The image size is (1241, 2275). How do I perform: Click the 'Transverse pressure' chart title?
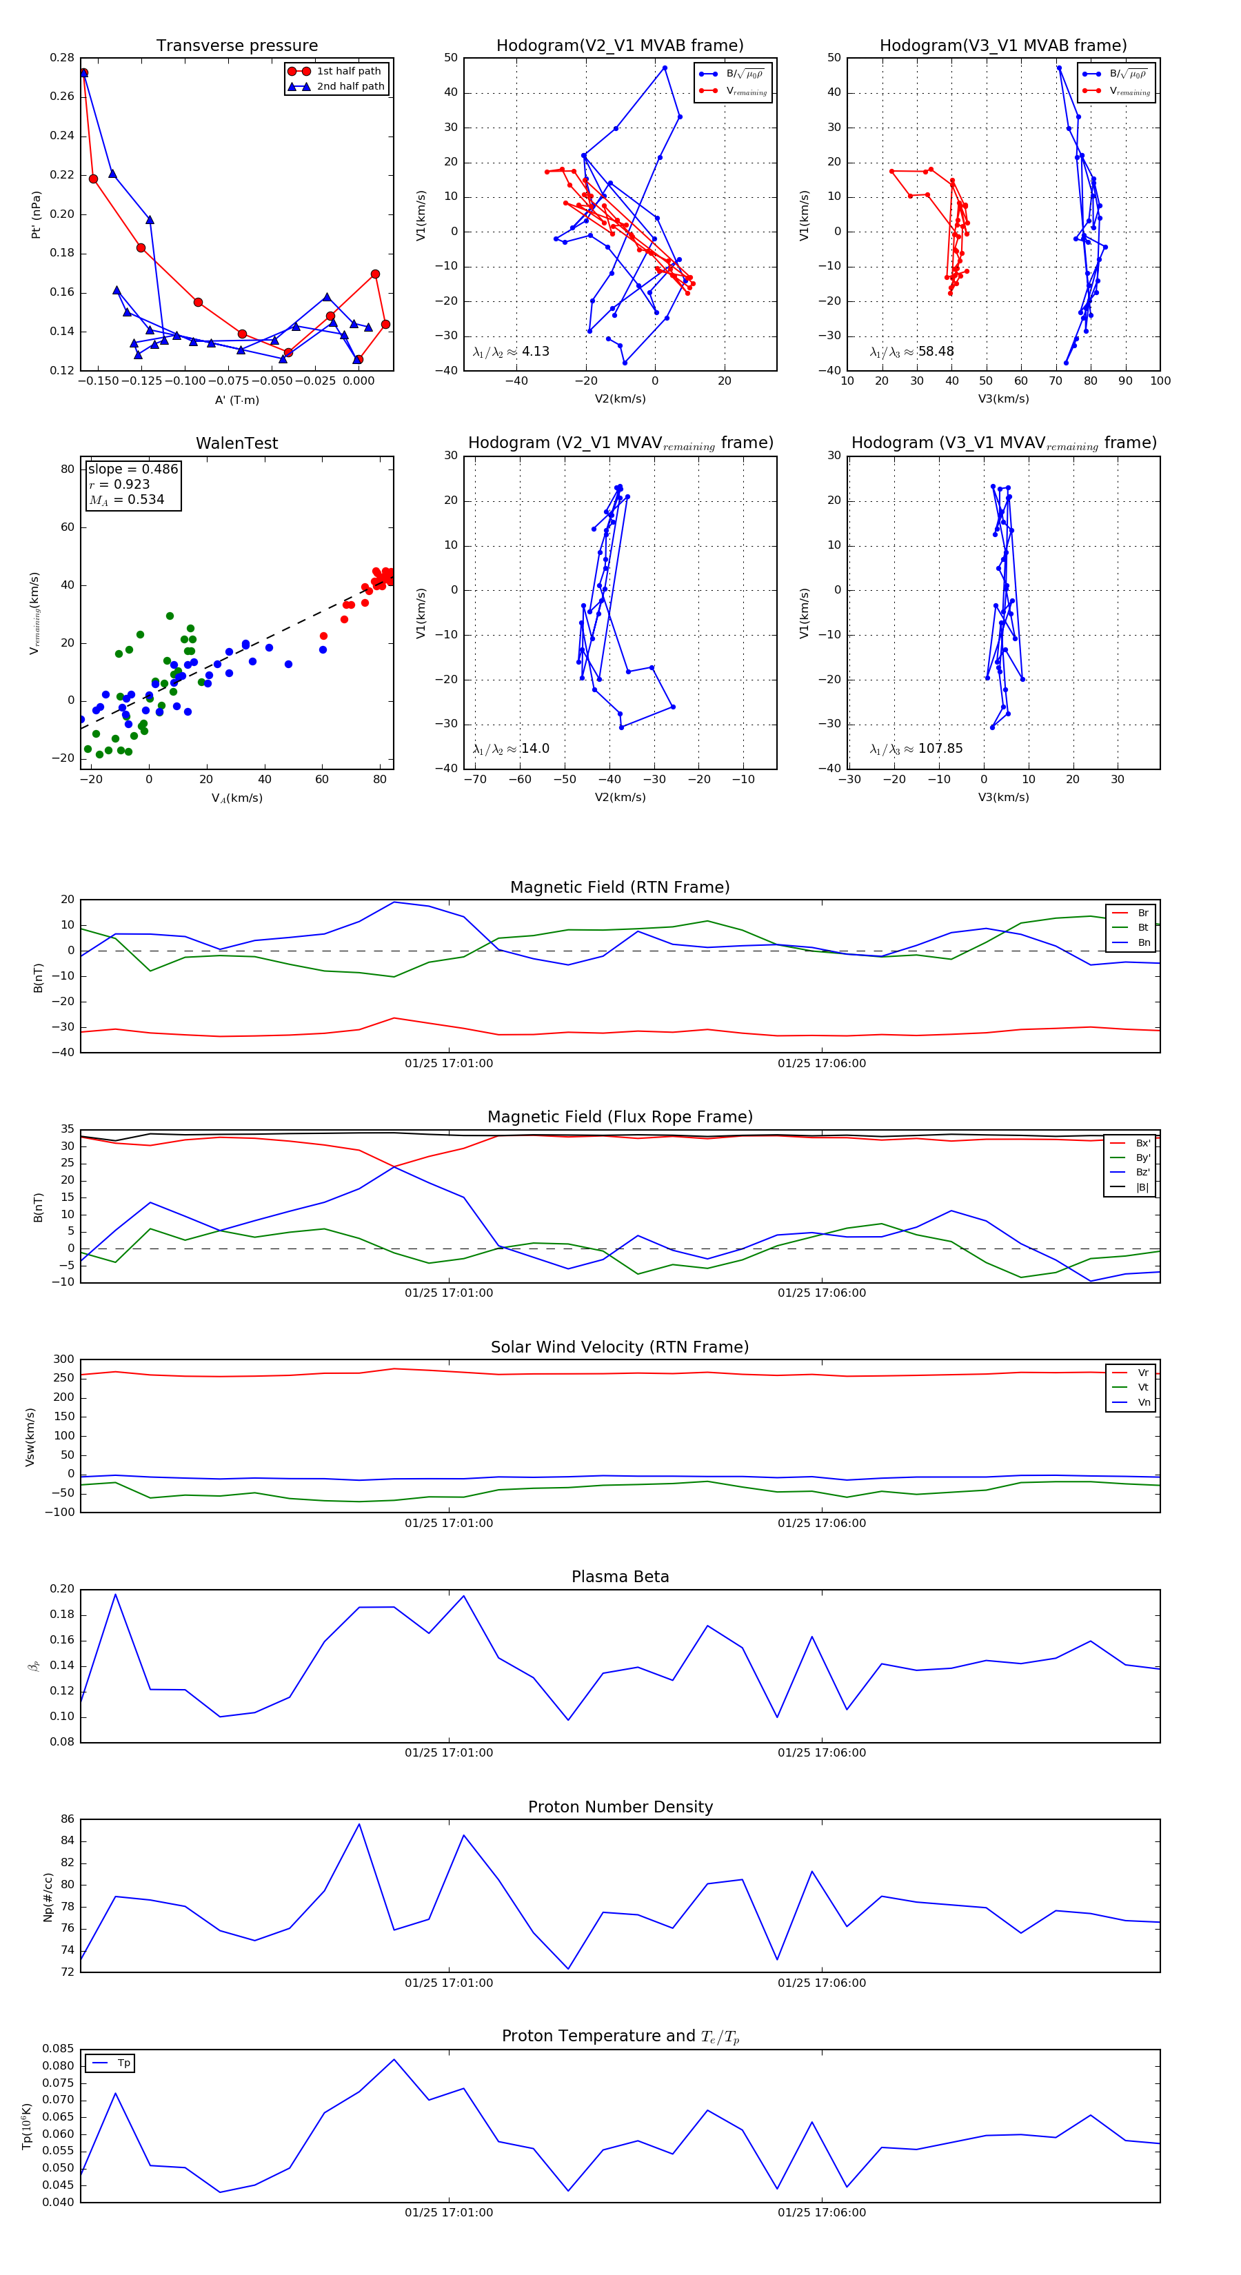point(236,46)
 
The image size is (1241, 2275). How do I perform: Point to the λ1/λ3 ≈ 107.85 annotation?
point(916,749)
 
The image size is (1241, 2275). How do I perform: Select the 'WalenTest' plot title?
point(236,443)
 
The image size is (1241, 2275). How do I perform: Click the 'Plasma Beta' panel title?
point(620,1577)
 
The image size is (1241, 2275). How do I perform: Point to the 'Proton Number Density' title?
point(620,1807)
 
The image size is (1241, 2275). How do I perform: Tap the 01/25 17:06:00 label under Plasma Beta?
point(821,1753)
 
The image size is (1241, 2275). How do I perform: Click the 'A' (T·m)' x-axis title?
point(236,400)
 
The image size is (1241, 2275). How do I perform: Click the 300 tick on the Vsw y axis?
point(63,1359)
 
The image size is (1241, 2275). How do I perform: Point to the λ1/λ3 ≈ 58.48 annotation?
point(911,352)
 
